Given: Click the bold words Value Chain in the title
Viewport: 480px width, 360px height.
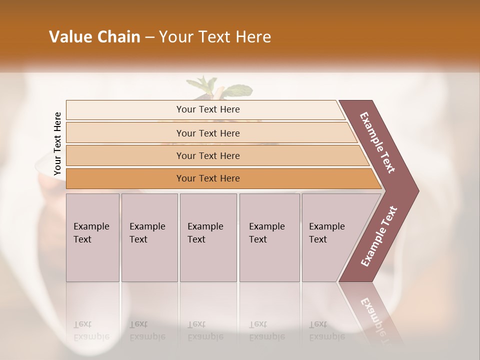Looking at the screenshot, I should [94, 37].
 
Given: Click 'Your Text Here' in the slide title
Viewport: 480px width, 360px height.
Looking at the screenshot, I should [215, 37].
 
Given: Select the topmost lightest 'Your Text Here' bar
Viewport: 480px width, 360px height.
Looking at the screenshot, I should [207, 109].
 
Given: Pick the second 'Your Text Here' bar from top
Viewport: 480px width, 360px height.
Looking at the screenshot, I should [207, 133].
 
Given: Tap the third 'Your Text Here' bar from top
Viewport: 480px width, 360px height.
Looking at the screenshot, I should [207, 155].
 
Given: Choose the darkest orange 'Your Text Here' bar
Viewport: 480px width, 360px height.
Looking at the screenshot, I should [207, 178].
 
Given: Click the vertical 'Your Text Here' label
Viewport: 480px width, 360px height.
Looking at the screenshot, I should [57, 143].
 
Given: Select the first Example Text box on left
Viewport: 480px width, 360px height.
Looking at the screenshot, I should [92, 237].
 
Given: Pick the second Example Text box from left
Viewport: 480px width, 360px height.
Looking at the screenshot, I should [149, 237].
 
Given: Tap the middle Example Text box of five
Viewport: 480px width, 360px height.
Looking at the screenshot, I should [207, 237].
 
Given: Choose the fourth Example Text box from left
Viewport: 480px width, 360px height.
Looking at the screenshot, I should [269, 237].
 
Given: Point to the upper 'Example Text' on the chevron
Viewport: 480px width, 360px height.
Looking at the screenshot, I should [378, 142].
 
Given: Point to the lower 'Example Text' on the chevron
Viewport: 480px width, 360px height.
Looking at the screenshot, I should [379, 236].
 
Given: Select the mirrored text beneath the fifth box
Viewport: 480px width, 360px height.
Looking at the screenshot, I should [326, 330].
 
